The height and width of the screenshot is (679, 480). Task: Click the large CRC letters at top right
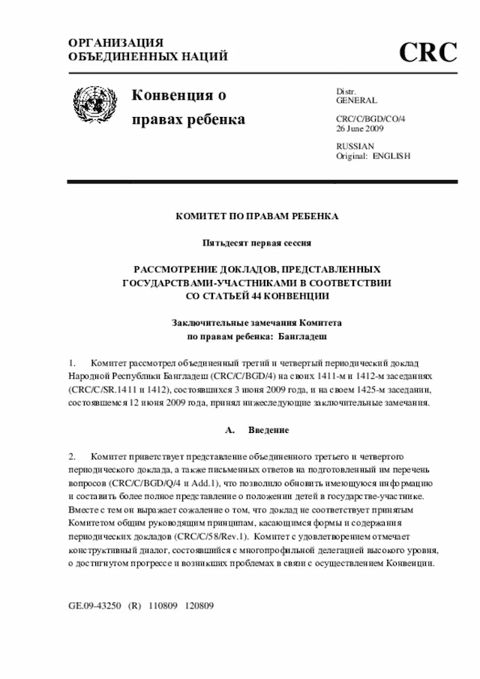tap(427, 52)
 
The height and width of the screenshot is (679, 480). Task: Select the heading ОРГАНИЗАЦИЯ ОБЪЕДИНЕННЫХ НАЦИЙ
tap(148, 50)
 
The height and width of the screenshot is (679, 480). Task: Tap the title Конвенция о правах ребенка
tap(187, 107)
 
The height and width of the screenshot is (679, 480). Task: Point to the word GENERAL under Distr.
tap(356, 100)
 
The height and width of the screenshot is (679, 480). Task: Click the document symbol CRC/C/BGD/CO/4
tap(370, 119)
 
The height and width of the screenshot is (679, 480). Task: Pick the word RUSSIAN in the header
tap(355, 146)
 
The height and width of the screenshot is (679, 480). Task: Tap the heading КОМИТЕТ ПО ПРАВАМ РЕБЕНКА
tap(256, 216)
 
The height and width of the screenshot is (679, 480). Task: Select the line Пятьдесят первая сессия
tap(256, 242)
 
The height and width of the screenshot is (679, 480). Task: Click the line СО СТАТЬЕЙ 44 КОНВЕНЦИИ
tap(256, 295)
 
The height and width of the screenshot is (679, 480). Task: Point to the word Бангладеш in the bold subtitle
tap(302, 335)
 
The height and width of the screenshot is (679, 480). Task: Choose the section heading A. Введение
tap(256, 429)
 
